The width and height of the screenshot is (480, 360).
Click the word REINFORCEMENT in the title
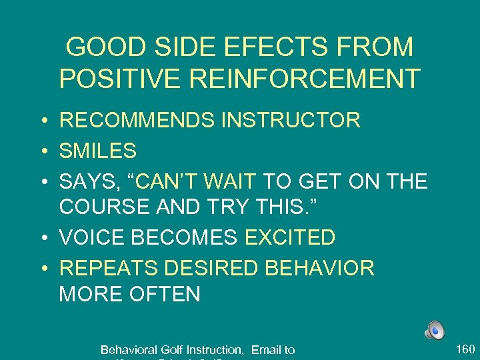[x=305, y=79]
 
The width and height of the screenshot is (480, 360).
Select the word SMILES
[x=98, y=151]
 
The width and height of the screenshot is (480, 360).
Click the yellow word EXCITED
[x=290, y=237]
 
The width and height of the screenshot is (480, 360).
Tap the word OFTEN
[x=167, y=294]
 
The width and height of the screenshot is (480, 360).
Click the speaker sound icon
[x=434, y=329]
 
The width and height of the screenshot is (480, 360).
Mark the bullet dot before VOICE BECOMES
[x=42, y=238]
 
